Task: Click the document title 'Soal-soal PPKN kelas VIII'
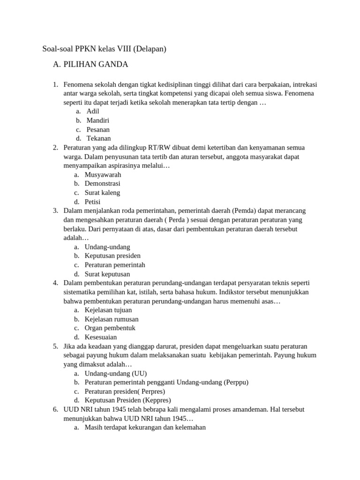(105, 48)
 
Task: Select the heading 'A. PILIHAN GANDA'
(90, 64)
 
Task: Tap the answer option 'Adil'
(93, 111)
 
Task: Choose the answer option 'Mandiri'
(98, 120)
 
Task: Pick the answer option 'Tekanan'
(98, 138)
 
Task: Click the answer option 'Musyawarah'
(103, 175)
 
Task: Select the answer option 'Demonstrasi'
(102, 184)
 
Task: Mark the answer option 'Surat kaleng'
(102, 193)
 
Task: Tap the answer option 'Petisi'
(93, 202)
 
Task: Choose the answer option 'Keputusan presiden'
(112, 256)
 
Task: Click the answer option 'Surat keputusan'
(107, 274)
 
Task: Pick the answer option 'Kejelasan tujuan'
(108, 310)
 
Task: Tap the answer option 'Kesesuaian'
(101, 337)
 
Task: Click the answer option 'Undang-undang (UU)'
(116, 374)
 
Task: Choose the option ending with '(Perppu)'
(166, 382)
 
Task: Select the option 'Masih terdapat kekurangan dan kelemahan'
(145, 427)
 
